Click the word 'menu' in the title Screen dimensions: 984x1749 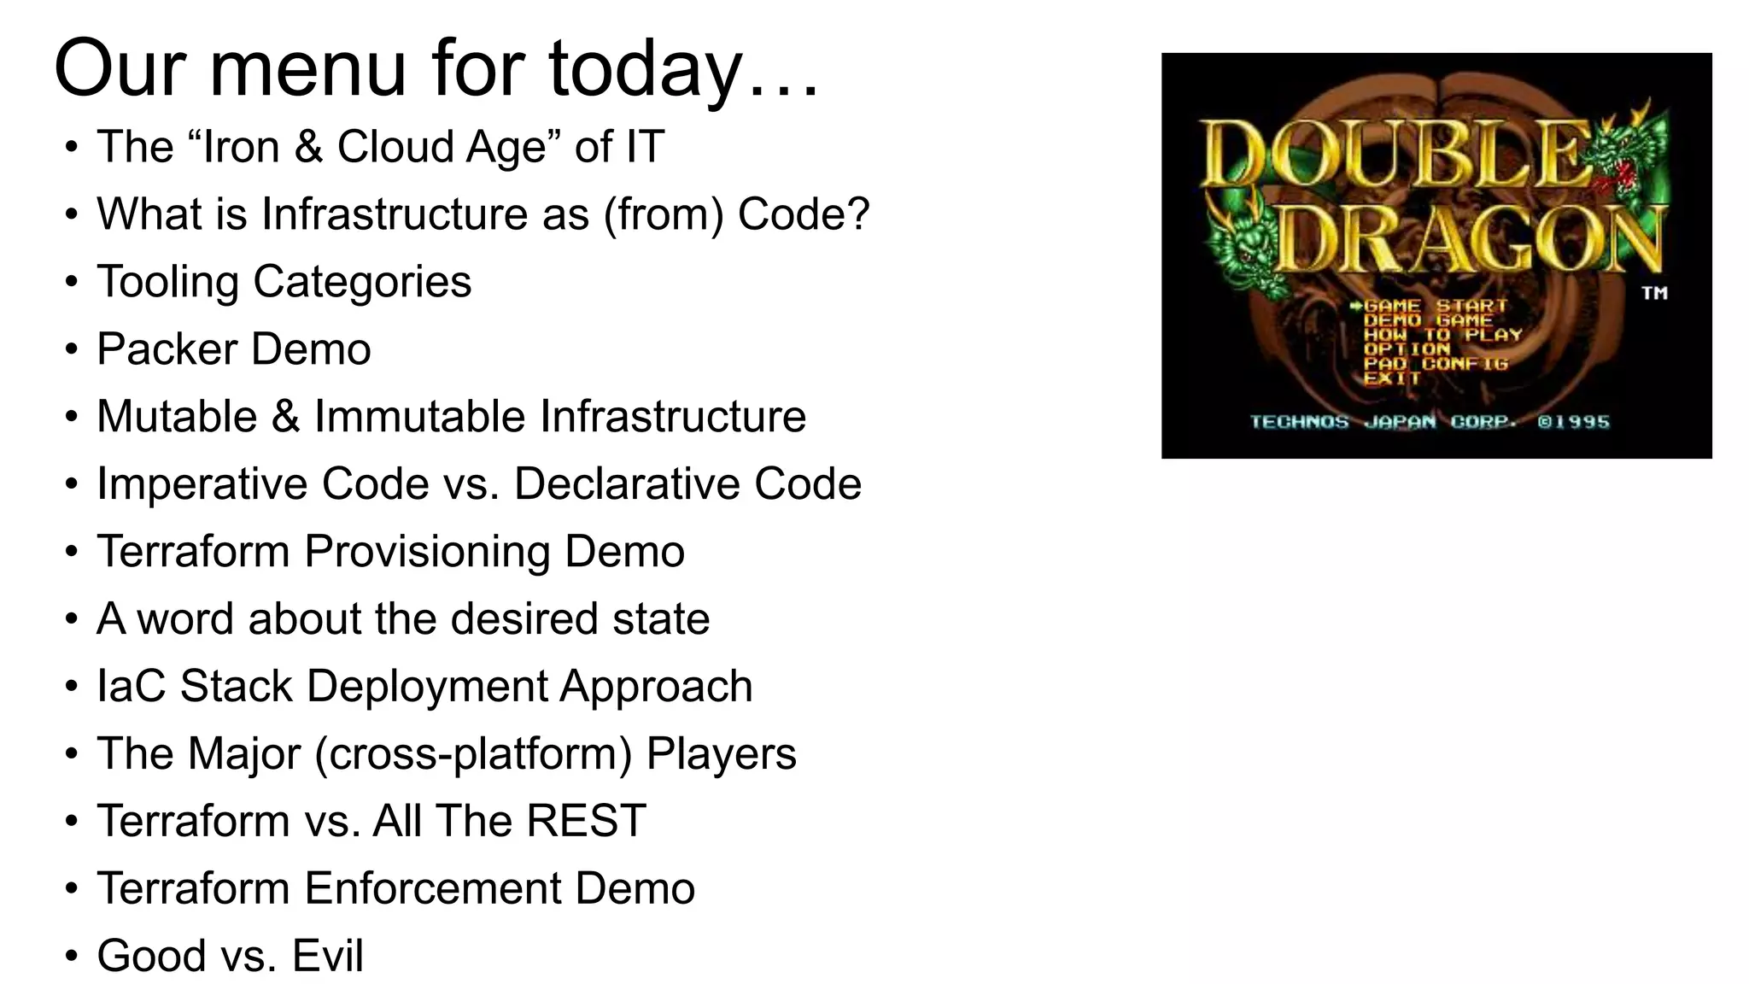pyautogui.click(x=307, y=70)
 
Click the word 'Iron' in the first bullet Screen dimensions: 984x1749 pyautogui.click(x=242, y=147)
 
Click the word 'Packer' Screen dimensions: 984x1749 pyautogui.click(x=167, y=349)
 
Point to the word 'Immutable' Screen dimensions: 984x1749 pyautogui.click(x=420, y=417)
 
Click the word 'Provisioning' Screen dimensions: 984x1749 pyautogui.click(x=426, y=552)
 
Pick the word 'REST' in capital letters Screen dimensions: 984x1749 pyautogui.click(x=586, y=822)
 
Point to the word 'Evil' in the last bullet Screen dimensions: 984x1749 pyautogui.click(x=328, y=957)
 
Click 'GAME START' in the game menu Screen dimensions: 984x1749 pyautogui.click(x=1435, y=306)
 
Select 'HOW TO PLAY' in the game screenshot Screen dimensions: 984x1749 pyautogui.click(x=1442, y=335)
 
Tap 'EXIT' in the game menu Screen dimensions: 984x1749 pyautogui.click(x=1391, y=378)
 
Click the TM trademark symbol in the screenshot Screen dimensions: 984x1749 pyautogui.click(x=1654, y=293)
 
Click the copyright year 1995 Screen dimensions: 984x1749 pyautogui.click(x=1582, y=422)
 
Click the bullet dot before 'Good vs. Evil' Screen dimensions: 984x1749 pyautogui.click(x=72, y=957)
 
